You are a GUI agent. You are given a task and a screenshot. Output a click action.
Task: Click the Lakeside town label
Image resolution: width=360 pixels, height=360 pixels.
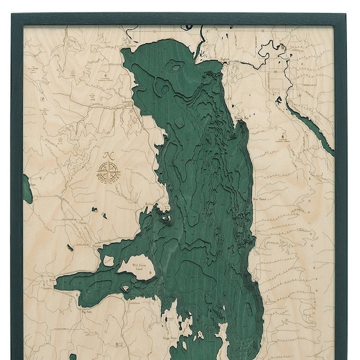coord(127,102)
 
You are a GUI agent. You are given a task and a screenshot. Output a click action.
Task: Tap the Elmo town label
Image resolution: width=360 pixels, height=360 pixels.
coord(53,280)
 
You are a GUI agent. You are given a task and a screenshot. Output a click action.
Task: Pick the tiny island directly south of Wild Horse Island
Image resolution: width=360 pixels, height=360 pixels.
coord(125,289)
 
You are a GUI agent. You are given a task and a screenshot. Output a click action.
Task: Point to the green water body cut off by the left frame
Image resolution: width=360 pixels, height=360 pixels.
coord(27,189)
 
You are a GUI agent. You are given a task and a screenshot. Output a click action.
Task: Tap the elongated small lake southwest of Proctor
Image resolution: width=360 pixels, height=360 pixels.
coord(70,247)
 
